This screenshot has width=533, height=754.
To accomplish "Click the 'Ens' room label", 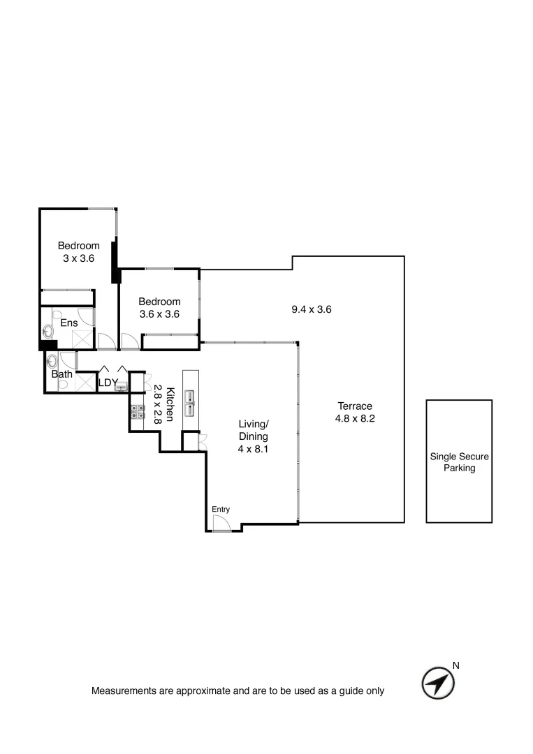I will click(x=68, y=323).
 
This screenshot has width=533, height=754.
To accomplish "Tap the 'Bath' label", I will click(x=61, y=374).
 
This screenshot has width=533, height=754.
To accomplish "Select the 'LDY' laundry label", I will click(x=108, y=383).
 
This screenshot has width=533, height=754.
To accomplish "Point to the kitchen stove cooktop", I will click(x=137, y=412).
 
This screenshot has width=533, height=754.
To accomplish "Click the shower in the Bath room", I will click(x=85, y=383).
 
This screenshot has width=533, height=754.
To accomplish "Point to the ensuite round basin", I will click(x=48, y=331).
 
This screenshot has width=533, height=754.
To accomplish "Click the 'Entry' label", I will click(x=221, y=510).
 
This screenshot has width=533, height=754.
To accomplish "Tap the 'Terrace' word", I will click(x=355, y=406).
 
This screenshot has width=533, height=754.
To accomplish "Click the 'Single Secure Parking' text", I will click(x=459, y=462).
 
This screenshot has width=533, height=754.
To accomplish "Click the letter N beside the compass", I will click(x=456, y=665).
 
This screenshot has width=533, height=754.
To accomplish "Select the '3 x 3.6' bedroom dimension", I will click(x=78, y=258).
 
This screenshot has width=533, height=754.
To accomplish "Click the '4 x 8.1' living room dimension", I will click(x=253, y=450).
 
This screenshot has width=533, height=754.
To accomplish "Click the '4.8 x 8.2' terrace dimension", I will click(x=355, y=419).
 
